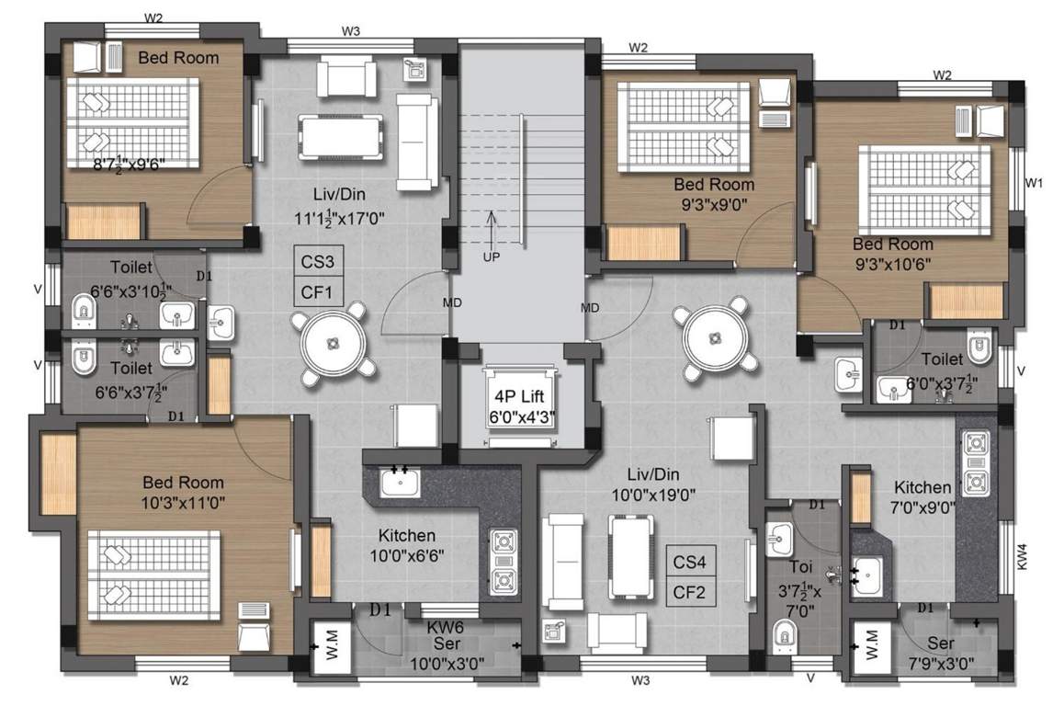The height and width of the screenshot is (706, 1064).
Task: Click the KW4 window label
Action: click(x=1024, y=556)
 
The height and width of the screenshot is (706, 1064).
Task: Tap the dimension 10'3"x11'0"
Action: click(x=182, y=502)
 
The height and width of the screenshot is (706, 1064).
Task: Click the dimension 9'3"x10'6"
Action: click(x=892, y=263)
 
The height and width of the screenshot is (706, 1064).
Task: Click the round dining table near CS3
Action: click(x=333, y=342)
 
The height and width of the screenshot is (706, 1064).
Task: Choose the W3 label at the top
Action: click(x=351, y=31)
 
